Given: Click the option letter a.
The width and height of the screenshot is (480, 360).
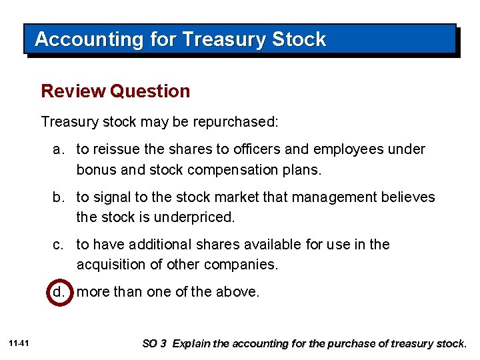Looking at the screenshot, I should (x=59, y=149).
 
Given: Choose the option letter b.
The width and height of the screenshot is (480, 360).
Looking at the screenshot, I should (x=59, y=197).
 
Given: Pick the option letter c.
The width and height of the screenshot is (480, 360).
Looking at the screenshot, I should (x=59, y=245).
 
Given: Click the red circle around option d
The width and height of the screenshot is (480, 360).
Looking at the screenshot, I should (x=59, y=292).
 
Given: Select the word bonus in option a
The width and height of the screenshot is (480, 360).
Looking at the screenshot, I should (x=97, y=169).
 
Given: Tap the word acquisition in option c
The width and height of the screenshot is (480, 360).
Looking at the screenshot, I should (x=113, y=265).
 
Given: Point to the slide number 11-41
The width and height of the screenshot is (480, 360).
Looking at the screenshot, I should (x=19, y=343).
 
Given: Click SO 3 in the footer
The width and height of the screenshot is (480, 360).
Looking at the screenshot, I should (x=155, y=344).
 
